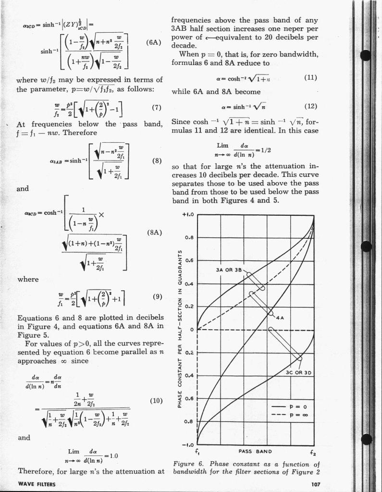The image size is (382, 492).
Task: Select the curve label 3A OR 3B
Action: click(230, 269)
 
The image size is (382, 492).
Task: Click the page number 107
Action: click(312, 484)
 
